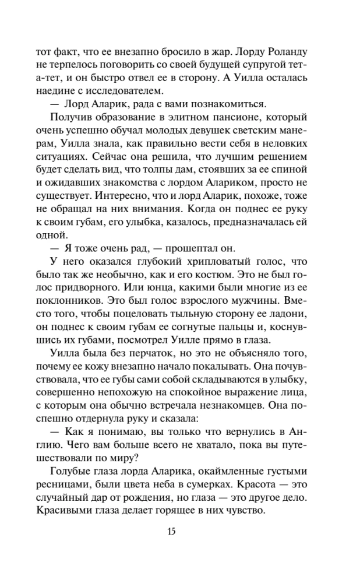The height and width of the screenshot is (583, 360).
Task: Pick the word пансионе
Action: (237, 120)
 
